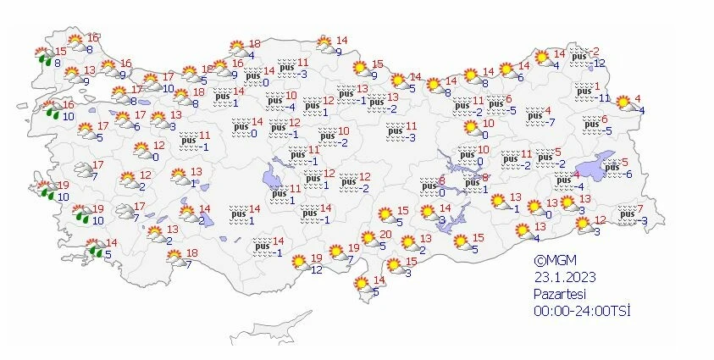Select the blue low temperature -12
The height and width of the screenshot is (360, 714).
click(x=598, y=64)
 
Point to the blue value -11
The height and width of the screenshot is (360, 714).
click(x=603, y=97)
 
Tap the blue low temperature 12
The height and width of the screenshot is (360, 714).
click(x=315, y=269)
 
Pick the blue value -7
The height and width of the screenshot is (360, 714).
click(x=550, y=122)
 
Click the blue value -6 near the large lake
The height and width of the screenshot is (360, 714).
click(x=628, y=174)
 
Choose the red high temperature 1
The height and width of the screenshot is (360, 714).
click(x=597, y=86)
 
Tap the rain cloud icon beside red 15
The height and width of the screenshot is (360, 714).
click(x=42, y=56)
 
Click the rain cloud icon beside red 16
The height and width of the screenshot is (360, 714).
click(x=51, y=110)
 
